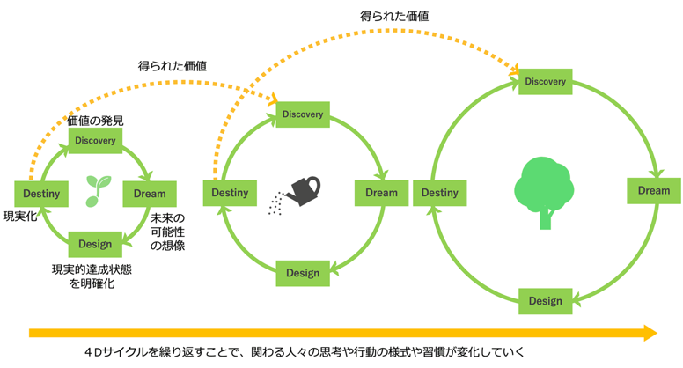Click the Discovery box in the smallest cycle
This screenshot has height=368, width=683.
95,140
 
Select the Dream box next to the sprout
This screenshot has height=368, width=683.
150,194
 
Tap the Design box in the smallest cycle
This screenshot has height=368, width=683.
95,245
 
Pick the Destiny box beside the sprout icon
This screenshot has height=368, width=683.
41,194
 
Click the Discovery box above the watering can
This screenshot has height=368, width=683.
303,114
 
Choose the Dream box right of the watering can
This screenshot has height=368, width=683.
382,193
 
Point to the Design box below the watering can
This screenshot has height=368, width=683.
303,273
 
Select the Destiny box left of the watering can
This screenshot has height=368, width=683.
230,193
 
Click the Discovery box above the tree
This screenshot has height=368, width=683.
546,82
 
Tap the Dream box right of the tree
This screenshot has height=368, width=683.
654,191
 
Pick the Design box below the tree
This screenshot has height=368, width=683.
546,301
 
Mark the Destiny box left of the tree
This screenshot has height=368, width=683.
440,193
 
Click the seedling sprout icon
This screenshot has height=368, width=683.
98,191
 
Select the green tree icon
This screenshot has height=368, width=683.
544,193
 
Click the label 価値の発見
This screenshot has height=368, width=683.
95,121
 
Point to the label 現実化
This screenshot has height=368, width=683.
20,216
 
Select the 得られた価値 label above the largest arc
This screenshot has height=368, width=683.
394,16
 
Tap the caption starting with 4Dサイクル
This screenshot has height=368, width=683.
305,352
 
